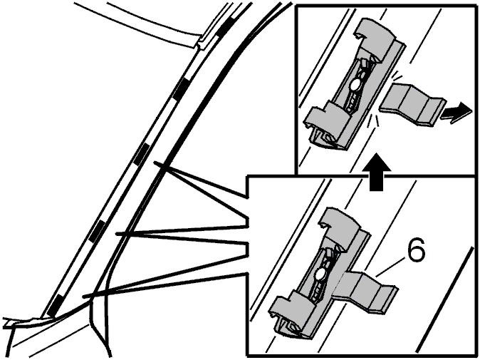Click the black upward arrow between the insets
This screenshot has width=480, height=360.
[376, 173]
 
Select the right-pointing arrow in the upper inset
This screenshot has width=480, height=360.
[456, 113]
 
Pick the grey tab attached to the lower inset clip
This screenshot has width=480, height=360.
[366, 291]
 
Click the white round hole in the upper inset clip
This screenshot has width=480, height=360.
[355, 84]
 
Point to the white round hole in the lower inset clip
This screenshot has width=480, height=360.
[320, 274]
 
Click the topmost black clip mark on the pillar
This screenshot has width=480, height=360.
[225, 26]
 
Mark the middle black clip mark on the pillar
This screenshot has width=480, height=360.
[142, 154]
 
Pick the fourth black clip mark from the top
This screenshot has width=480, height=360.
[98, 231]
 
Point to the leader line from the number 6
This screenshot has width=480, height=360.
[391, 267]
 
